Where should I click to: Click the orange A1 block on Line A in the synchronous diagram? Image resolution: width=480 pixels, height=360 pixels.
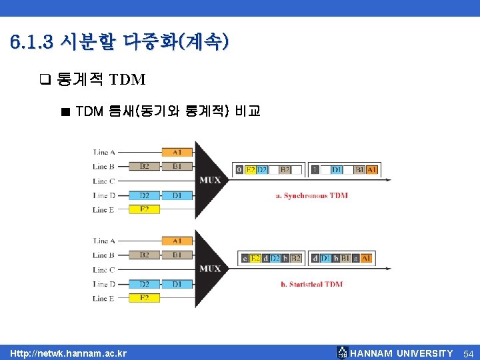177,152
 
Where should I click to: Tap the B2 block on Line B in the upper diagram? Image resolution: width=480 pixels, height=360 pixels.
145,166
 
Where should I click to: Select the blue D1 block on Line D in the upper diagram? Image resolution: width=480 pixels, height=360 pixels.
177,195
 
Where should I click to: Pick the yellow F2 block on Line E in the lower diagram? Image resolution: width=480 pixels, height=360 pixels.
145,298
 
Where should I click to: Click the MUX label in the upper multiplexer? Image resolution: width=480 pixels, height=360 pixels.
210,180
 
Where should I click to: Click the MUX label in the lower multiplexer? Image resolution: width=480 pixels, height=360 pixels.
210,269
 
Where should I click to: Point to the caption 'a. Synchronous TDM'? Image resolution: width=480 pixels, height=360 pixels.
311,195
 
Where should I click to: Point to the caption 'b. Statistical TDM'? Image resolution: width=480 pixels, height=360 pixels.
311,284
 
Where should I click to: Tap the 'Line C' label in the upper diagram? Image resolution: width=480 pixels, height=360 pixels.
104,181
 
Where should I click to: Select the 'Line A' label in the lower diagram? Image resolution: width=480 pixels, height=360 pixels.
104,241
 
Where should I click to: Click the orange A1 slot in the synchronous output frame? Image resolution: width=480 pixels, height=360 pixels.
371,170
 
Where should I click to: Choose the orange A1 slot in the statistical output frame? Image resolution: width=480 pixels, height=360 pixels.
366,258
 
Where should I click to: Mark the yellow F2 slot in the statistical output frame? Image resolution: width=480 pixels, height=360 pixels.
255,258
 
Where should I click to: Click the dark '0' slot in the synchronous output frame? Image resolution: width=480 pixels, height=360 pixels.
239,170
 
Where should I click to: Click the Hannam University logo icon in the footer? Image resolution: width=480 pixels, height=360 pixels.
342,353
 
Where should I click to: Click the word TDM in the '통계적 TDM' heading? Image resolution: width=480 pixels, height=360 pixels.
127,80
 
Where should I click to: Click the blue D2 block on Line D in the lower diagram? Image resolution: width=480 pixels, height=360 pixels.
145,284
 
